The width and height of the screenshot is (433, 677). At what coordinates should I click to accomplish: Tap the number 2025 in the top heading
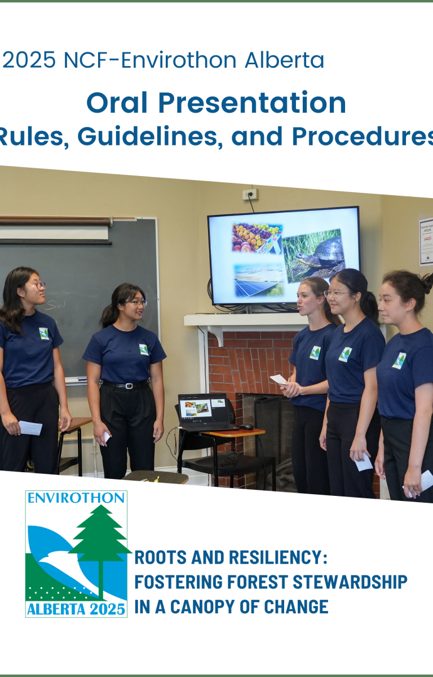pyautogui.click(x=29, y=60)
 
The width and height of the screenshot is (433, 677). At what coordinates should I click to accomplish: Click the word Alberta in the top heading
pyautogui.click(x=284, y=60)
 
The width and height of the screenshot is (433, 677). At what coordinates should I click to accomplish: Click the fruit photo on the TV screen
pyautogui.click(x=257, y=238)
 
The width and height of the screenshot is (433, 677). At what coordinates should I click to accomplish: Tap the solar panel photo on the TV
pyautogui.click(x=259, y=280)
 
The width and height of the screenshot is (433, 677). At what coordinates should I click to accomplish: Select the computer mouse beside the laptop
pyautogui.click(x=246, y=427)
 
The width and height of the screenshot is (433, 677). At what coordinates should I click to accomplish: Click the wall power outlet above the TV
pyautogui.click(x=250, y=194)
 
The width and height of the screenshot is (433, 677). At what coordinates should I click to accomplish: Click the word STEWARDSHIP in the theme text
pyautogui.click(x=350, y=582)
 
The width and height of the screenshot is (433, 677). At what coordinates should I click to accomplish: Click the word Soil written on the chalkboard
pyautogui.click(x=56, y=305)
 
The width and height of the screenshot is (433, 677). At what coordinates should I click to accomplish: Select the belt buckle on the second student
pyautogui.click(x=129, y=386)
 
